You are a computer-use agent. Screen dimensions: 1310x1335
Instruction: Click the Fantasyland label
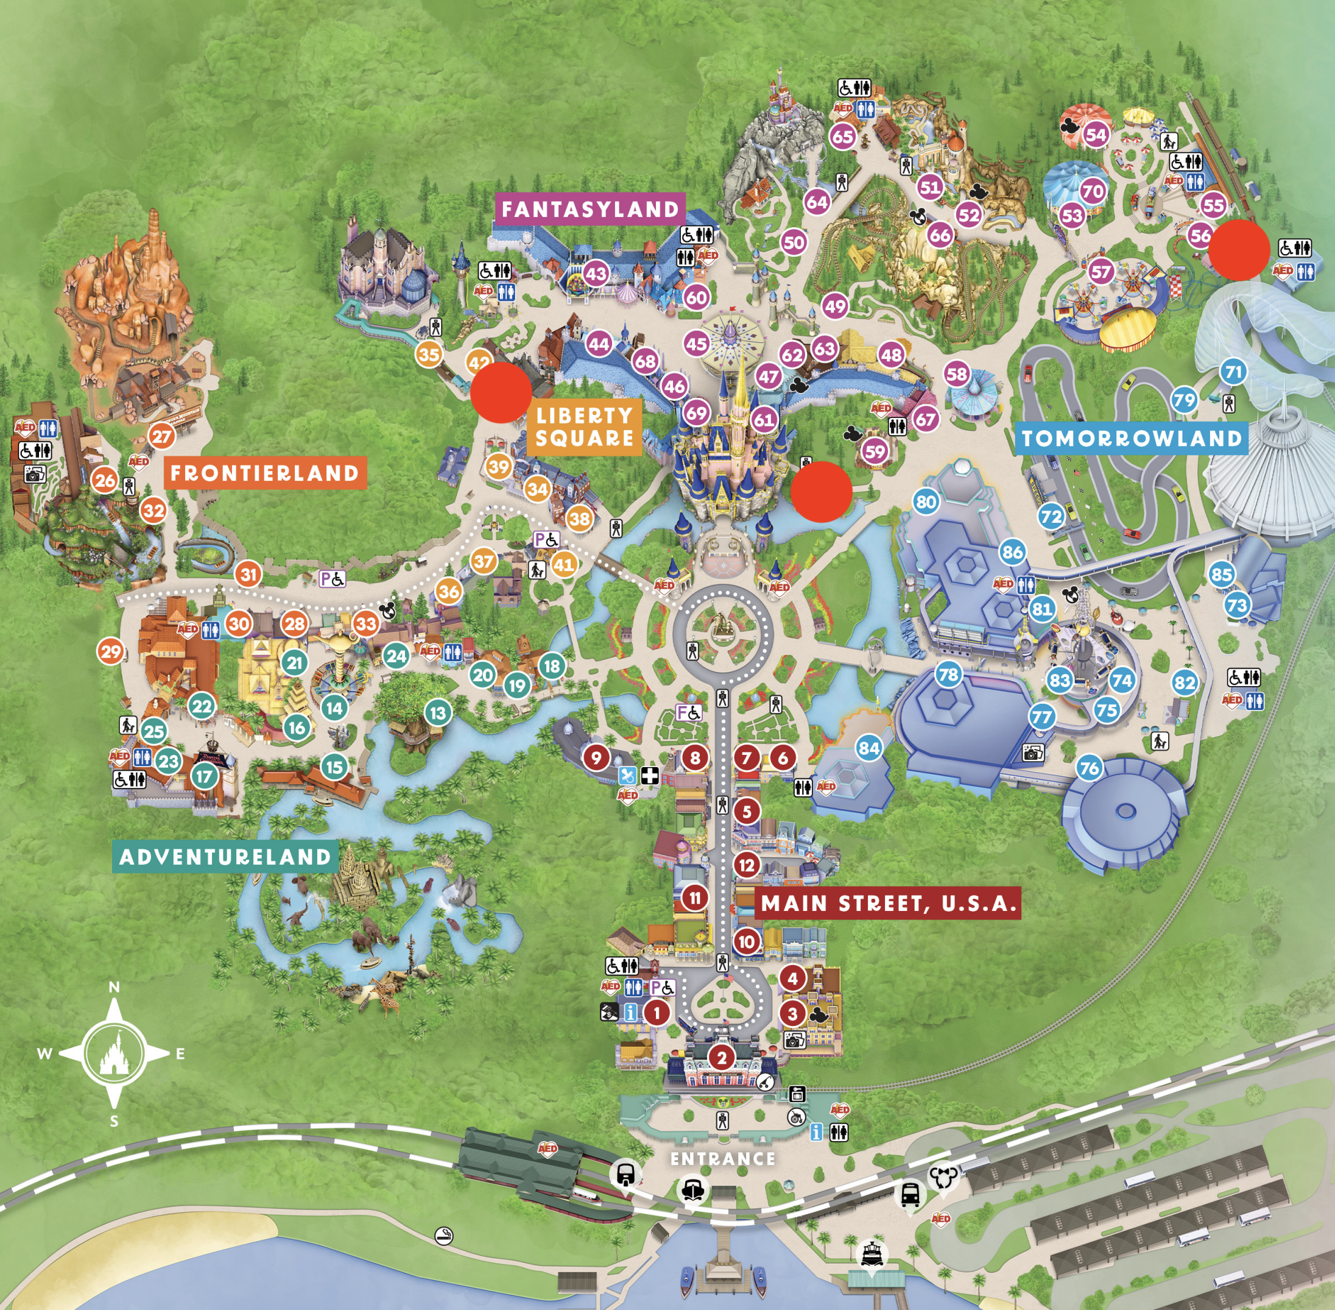click(x=590, y=209)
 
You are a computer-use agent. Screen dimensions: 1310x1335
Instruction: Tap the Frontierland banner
click(x=265, y=473)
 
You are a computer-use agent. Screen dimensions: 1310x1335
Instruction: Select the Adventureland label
click(x=225, y=857)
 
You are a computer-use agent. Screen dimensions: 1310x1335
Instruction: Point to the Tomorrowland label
click(x=1132, y=438)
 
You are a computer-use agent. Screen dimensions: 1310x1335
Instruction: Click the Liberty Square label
click(x=585, y=427)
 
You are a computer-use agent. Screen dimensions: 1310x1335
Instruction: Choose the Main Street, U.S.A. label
click(x=888, y=904)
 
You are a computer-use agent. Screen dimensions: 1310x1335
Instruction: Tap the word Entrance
click(x=723, y=1160)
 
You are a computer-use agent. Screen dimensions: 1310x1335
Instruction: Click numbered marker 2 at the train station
click(x=722, y=1058)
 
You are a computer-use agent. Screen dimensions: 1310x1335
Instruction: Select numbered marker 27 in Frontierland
click(x=161, y=436)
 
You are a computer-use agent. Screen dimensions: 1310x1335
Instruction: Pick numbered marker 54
click(x=1096, y=135)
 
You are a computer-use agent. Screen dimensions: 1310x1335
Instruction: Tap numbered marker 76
click(x=1090, y=768)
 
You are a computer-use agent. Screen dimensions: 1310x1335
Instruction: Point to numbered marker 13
click(x=438, y=713)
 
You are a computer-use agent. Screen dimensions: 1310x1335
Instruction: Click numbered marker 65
click(x=844, y=136)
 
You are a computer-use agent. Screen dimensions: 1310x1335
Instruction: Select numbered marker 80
click(x=926, y=501)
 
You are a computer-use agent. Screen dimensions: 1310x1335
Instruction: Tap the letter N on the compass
click(x=114, y=987)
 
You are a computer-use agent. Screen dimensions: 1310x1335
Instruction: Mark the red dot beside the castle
click(x=821, y=491)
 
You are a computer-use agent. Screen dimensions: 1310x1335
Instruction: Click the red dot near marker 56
click(x=1239, y=250)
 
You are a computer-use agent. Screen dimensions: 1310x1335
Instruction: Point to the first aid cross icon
click(x=649, y=776)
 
